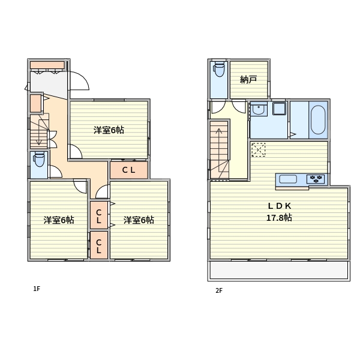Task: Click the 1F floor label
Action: [x=37, y=289]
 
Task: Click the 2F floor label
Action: [x=219, y=290]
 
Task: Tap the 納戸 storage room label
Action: [x=248, y=79]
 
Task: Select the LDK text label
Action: [x=280, y=206]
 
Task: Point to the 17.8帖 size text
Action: [x=279, y=217]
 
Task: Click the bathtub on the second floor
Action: [x=318, y=120]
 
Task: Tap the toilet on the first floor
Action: [x=39, y=159]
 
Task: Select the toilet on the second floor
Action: [x=219, y=69]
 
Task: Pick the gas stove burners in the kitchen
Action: [x=316, y=179]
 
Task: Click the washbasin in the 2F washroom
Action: [x=259, y=109]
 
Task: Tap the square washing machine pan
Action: [x=280, y=109]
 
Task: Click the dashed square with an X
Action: [x=259, y=149]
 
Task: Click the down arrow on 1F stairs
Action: [x=39, y=134]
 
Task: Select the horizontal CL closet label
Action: [x=128, y=170]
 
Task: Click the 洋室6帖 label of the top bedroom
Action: [x=109, y=130]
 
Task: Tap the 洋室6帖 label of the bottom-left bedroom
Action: [x=59, y=220]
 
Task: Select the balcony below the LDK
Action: [x=279, y=271]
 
